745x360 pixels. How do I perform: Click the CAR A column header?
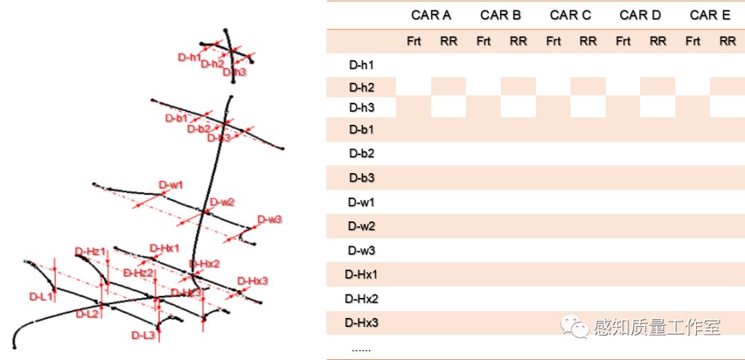click(x=430, y=15)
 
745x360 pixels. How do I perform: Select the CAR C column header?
click(x=570, y=15)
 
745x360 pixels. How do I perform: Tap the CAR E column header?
click(x=710, y=15)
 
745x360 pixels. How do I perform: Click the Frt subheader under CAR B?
click(x=484, y=41)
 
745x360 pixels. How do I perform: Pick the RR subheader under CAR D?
click(x=658, y=41)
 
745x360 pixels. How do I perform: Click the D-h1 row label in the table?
click(x=361, y=66)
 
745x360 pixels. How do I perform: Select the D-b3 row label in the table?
click(x=361, y=178)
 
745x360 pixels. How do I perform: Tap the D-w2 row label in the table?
click(x=361, y=226)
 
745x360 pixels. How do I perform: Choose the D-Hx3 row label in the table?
click(x=361, y=323)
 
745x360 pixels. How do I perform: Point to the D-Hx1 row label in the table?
click(x=361, y=274)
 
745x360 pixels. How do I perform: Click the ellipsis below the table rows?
click(x=361, y=348)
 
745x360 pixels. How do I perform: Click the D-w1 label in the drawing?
click(x=171, y=185)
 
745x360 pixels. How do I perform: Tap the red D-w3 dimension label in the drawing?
click(x=270, y=219)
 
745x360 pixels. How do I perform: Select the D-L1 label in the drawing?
click(x=41, y=297)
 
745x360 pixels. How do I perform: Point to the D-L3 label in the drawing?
click(x=143, y=335)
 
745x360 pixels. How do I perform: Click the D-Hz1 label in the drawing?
click(x=90, y=252)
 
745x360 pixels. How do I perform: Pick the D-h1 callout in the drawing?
click(x=190, y=57)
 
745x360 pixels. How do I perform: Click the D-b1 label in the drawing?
click(x=177, y=118)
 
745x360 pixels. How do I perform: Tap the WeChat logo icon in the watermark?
click(x=575, y=327)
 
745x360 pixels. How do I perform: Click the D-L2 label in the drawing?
click(x=88, y=314)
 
